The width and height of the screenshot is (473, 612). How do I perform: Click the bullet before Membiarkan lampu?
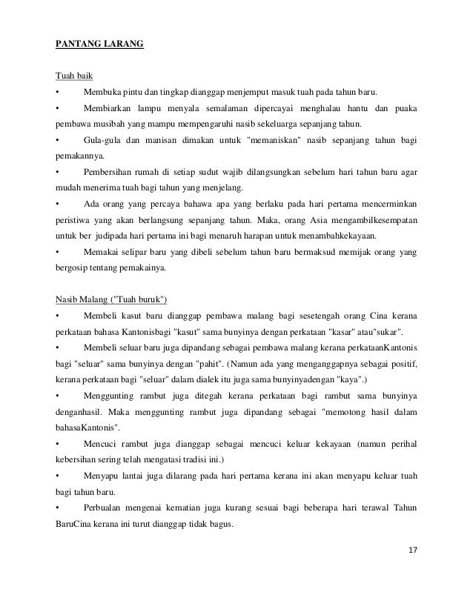(x=57, y=108)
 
